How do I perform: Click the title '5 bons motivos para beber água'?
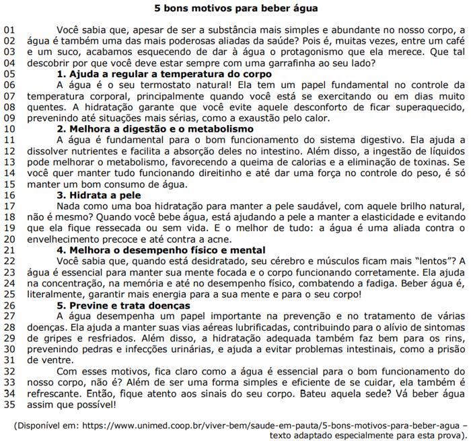click(x=235, y=9)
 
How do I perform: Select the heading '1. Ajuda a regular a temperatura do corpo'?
click(x=164, y=74)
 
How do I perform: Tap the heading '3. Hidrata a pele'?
click(x=104, y=194)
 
